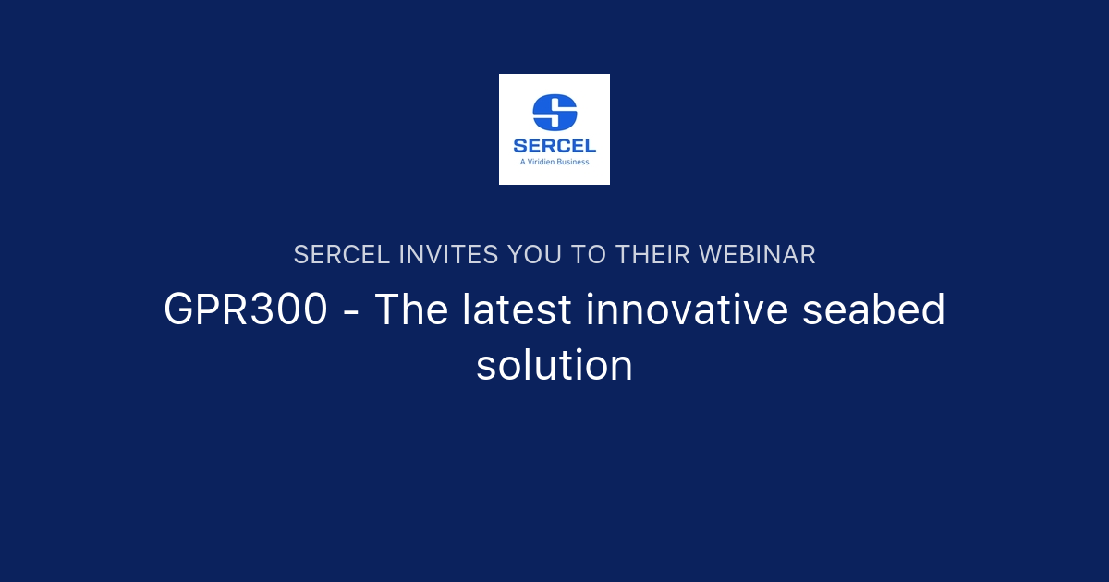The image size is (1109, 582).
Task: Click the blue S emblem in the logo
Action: (x=554, y=112)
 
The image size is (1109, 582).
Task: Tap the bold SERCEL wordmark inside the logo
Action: (x=554, y=145)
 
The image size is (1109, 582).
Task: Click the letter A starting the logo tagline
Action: (x=523, y=161)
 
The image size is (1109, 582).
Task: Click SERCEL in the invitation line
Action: (x=342, y=255)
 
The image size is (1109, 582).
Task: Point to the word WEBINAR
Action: (x=757, y=255)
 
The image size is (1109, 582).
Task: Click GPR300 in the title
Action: (x=246, y=310)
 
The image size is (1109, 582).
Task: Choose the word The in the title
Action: (x=408, y=310)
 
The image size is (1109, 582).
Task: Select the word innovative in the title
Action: (x=688, y=310)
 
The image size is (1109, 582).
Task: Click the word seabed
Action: (x=873, y=310)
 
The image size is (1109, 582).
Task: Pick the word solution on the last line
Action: (x=554, y=366)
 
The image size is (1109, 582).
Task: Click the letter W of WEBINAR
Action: (x=711, y=255)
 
